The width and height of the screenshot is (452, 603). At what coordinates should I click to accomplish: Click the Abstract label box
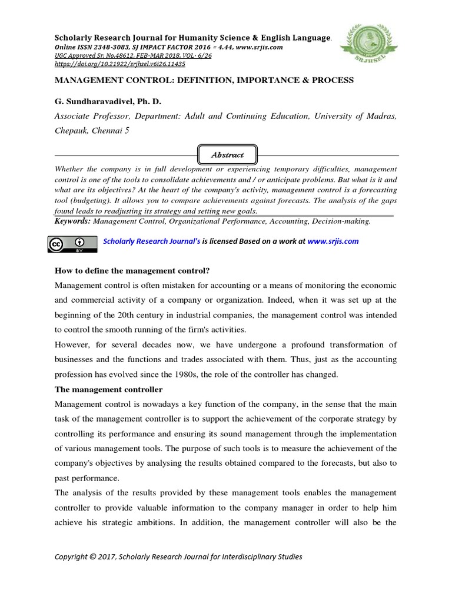[x=227, y=155]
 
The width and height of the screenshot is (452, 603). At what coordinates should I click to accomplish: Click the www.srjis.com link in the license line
[x=333, y=241]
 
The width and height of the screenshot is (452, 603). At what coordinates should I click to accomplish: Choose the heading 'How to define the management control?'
[x=132, y=270]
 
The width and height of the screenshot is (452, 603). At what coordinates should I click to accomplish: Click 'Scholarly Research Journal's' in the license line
[x=152, y=241]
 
